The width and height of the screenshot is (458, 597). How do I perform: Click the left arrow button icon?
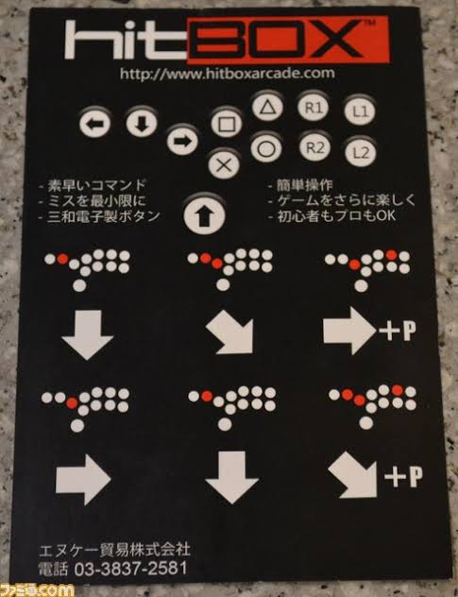click(94, 123)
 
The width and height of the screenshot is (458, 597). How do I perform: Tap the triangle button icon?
click(267, 107)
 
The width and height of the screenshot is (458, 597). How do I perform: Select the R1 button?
click(313, 108)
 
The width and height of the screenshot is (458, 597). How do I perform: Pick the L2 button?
click(361, 152)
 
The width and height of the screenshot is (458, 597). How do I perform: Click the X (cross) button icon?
click(224, 165)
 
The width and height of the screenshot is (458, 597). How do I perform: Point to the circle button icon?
click(266, 148)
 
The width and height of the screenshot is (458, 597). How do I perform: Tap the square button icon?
click(227, 123)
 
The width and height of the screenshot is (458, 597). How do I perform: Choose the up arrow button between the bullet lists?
click(204, 215)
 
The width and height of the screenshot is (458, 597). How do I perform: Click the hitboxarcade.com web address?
click(228, 73)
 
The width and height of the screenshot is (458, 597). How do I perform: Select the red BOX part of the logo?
click(288, 40)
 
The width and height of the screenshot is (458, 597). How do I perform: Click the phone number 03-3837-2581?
click(130, 569)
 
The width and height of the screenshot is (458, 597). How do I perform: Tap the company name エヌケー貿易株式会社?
click(114, 550)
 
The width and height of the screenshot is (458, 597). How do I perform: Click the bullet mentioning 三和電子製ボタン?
click(99, 216)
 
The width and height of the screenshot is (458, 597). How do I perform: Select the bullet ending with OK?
click(331, 216)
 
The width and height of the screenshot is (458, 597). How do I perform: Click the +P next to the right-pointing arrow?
click(398, 332)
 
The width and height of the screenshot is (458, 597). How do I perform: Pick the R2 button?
click(314, 147)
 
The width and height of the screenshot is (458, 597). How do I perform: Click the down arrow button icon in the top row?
click(142, 123)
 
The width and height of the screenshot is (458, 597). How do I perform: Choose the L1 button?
click(360, 111)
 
